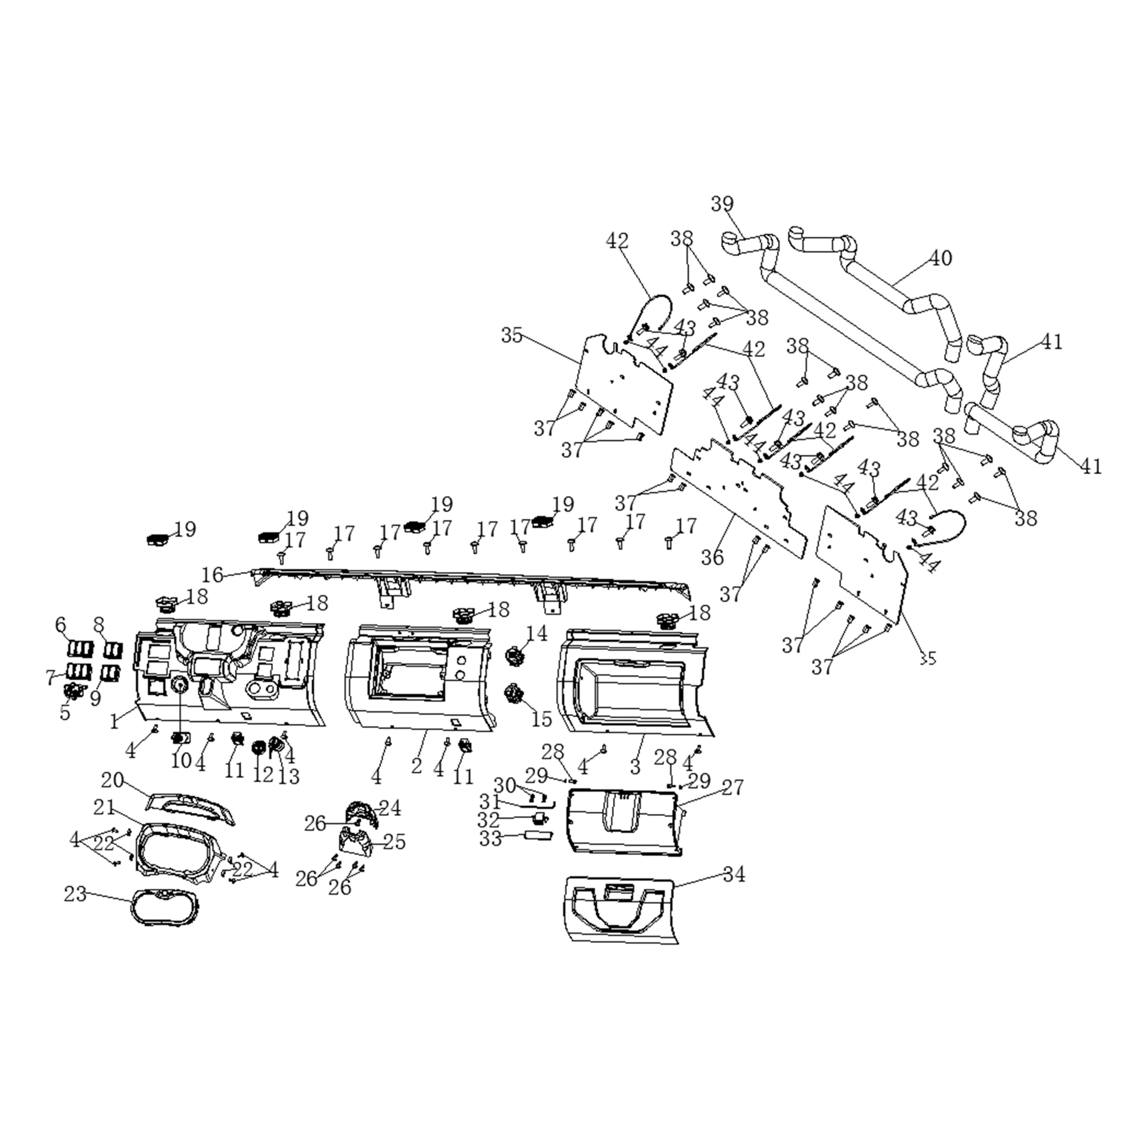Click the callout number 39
coord(722,204)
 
